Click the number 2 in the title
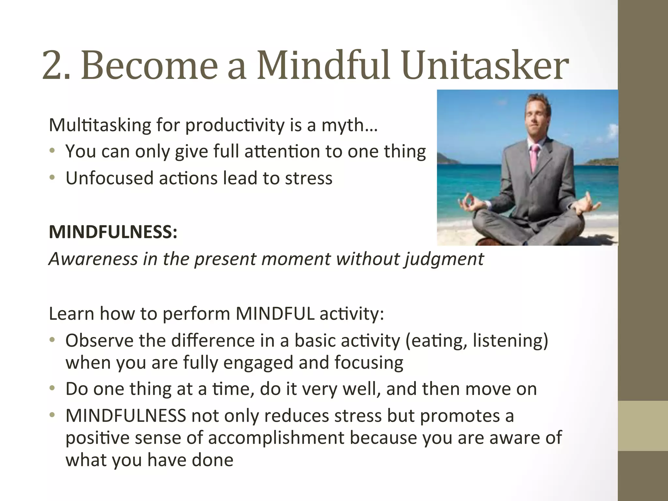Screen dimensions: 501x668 coord(52,66)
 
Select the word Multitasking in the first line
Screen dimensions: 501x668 coord(100,125)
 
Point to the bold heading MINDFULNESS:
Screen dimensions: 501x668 coord(113,232)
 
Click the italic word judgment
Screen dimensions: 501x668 coord(444,259)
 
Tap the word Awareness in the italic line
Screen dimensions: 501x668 coord(93,259)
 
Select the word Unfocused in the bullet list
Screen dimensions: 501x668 coord(109,178)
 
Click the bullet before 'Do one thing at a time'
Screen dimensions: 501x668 coord(52,388)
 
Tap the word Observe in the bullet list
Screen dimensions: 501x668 coord(99,341)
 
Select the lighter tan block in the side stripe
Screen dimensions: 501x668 coord(643,426)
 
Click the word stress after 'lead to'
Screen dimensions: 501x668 coord(309,178)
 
